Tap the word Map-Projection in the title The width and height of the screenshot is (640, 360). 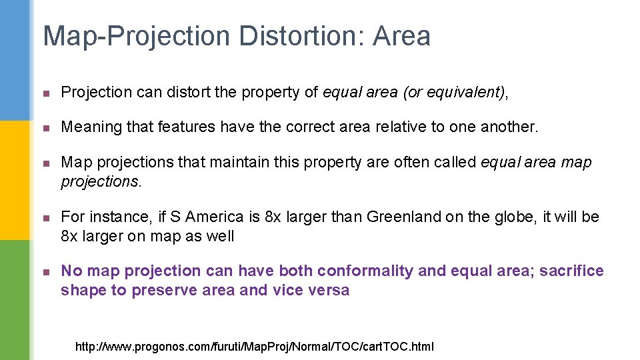[137, 36]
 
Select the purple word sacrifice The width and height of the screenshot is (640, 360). [571, 271]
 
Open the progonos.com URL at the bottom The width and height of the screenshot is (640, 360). [255, 346]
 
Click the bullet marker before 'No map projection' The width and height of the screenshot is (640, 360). [45, 271]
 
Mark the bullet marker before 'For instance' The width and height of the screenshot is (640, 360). [45, 218]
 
